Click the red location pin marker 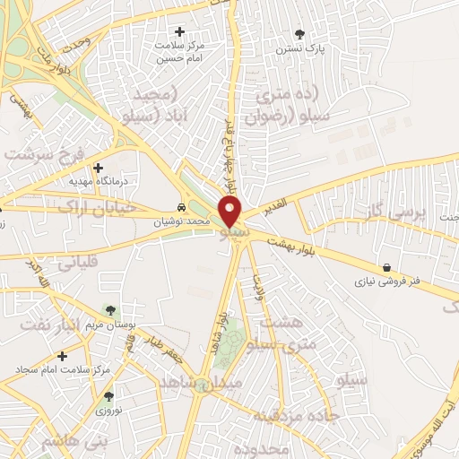point(230,212)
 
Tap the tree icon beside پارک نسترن point(299,33)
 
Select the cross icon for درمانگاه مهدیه point(98,167)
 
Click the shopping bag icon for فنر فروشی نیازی point(385,267)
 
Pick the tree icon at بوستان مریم point(110,310)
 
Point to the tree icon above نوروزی point(108,395)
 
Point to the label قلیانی point(82,264)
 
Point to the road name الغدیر point(274,209)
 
